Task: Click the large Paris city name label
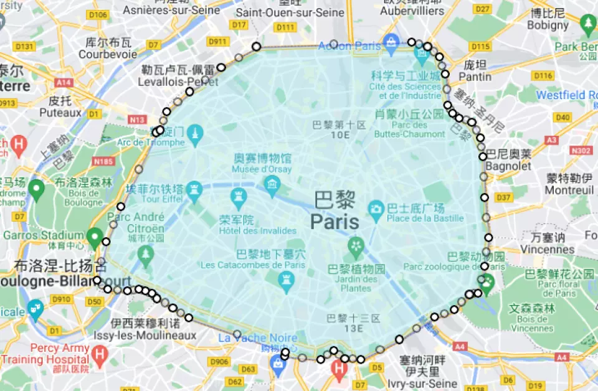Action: pos(335,222)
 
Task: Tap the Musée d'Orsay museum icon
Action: pos(272,184)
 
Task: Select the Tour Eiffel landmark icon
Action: pos(196,187)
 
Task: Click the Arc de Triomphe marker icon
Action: pos(196,133)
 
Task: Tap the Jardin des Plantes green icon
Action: pos(356,244)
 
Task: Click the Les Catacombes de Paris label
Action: pos(253,265)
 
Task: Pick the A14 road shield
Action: pos(64,82)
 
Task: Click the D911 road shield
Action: pos(217,41)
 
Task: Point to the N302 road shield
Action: pos(582,150)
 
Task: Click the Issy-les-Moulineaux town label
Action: pos(153,335)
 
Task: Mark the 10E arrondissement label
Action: pos(340,134)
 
